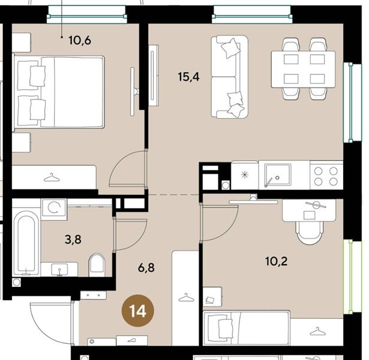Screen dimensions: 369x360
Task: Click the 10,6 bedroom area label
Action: tap(80, 40)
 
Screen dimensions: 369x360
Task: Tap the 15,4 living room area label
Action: tap(189, 77)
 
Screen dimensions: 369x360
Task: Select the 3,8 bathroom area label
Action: tap(73, 239)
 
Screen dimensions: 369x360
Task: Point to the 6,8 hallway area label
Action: tap(146, 268)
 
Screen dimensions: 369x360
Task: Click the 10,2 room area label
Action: tap(276, 261)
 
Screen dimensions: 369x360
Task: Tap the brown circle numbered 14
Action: tap(137, 311)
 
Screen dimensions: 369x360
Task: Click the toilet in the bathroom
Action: tap(97, 265)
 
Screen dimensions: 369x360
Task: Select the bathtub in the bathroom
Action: tap(26, 243)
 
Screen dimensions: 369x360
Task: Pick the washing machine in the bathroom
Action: tap(54, 209)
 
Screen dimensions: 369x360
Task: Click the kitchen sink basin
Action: tap(278, 175)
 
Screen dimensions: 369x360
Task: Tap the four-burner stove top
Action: tap(326, 175)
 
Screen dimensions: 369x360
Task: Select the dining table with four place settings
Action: tap(303, 69)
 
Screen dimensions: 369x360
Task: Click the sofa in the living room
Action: tap(229, 76)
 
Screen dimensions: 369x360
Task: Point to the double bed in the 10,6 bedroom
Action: tap(59, 92)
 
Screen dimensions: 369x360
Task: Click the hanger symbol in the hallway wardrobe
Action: tap(186, 298)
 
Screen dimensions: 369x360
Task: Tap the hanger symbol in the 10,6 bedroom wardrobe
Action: tap(52, 177)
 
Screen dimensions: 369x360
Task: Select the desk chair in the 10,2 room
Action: tap(309, 232)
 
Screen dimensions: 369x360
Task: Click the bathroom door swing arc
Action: tap(136, 238)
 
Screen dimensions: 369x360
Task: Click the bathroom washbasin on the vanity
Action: tap(59, 269)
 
